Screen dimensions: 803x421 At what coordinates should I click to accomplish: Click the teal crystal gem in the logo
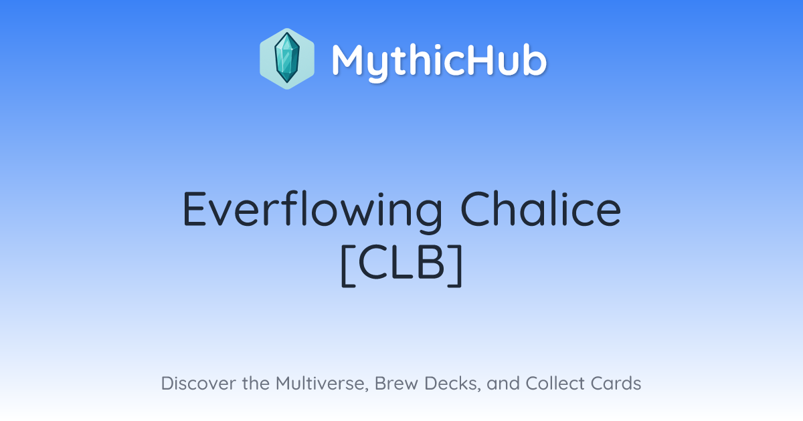287,58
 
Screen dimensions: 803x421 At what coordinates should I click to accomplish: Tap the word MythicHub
439,61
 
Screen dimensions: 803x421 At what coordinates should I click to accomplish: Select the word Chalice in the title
541,209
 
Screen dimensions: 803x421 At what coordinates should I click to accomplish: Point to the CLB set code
401,265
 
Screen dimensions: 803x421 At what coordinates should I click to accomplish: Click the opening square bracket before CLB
348,265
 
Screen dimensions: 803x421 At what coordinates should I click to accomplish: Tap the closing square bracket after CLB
455,265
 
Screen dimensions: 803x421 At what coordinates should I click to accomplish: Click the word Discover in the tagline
199,383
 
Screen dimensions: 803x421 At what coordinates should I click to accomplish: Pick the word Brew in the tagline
396,383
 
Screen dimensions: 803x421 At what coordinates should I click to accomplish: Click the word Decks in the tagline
452,384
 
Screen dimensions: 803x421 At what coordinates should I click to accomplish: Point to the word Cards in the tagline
616,383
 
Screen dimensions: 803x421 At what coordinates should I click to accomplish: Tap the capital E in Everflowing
195,209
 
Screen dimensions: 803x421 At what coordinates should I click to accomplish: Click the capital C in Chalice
476,209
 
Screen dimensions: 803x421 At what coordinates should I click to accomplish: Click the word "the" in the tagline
256,383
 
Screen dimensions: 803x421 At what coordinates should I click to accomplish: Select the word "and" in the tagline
503,383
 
